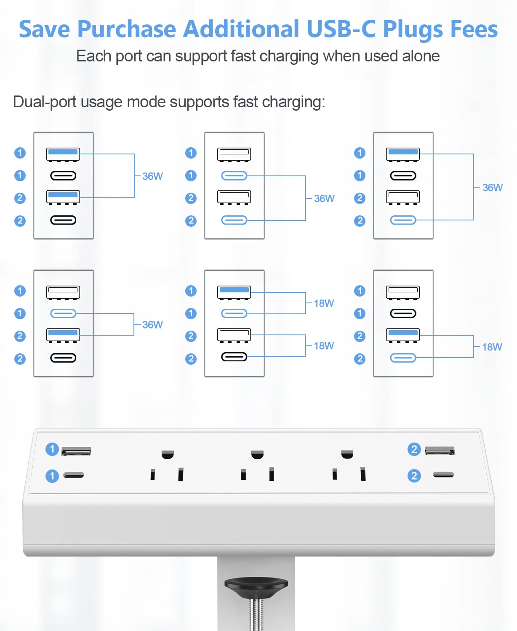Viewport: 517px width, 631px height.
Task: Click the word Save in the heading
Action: tap(44, 29)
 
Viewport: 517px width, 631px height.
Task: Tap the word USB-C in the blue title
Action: tap(341, 29)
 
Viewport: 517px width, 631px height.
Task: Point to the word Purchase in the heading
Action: tap(126, 29)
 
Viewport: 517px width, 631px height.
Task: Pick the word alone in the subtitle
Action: tap(421, 56)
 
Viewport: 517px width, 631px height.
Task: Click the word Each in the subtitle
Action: tap(93, 56)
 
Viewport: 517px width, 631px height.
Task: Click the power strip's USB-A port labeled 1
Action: tap(76, 451)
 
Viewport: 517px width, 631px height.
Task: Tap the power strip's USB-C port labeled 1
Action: tap(74, 475)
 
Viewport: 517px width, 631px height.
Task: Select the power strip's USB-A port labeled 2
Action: tap(440, 451)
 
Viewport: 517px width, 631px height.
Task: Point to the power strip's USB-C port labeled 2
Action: tap(444, 475)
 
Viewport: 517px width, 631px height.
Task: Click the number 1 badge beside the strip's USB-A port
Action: tap(52, 449)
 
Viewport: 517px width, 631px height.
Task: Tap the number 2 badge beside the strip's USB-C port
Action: tap(414, 475)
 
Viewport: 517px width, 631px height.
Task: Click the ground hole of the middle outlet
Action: tap(257, 454)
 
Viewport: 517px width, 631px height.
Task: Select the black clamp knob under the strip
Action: tap(256, 583)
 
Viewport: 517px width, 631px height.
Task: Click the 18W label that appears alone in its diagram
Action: tap(492, 347)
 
